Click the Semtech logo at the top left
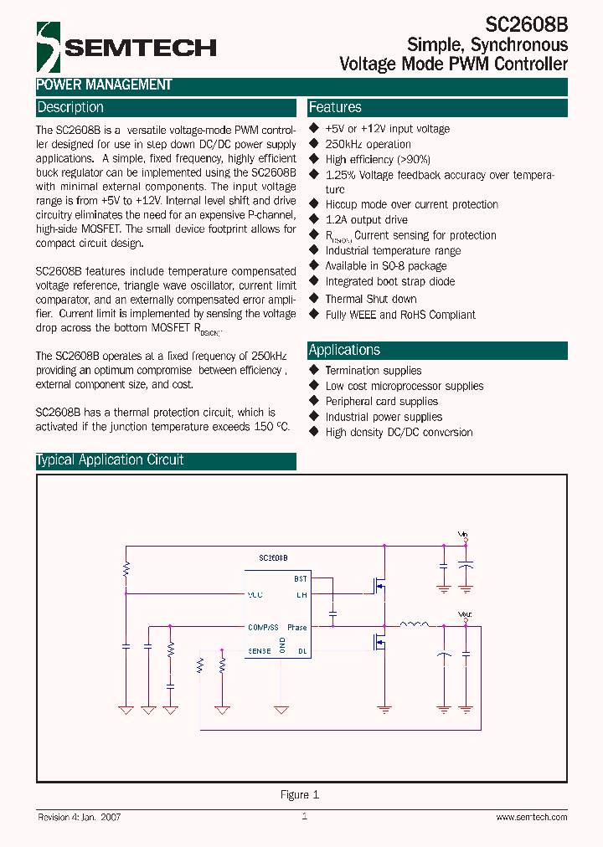coord(126,47)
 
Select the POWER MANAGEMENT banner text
coord(104,85)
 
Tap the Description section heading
coord(70,107)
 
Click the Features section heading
coord(335,107)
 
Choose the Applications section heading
coord(344,350)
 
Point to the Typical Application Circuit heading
coord(110,460)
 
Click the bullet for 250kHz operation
coord(315,144)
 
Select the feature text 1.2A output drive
coord(366,220)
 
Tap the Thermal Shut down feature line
coord(370,299)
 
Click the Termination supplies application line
coord(373,371)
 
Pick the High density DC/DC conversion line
coord(399,433)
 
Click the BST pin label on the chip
coord(300,578)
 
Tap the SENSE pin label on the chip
coord(259,650)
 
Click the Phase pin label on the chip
coord(297,627)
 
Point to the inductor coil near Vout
coord(414,624)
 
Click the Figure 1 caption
coord(300,794)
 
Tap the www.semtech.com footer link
coord(532,817)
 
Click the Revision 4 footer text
coord(80,817)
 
